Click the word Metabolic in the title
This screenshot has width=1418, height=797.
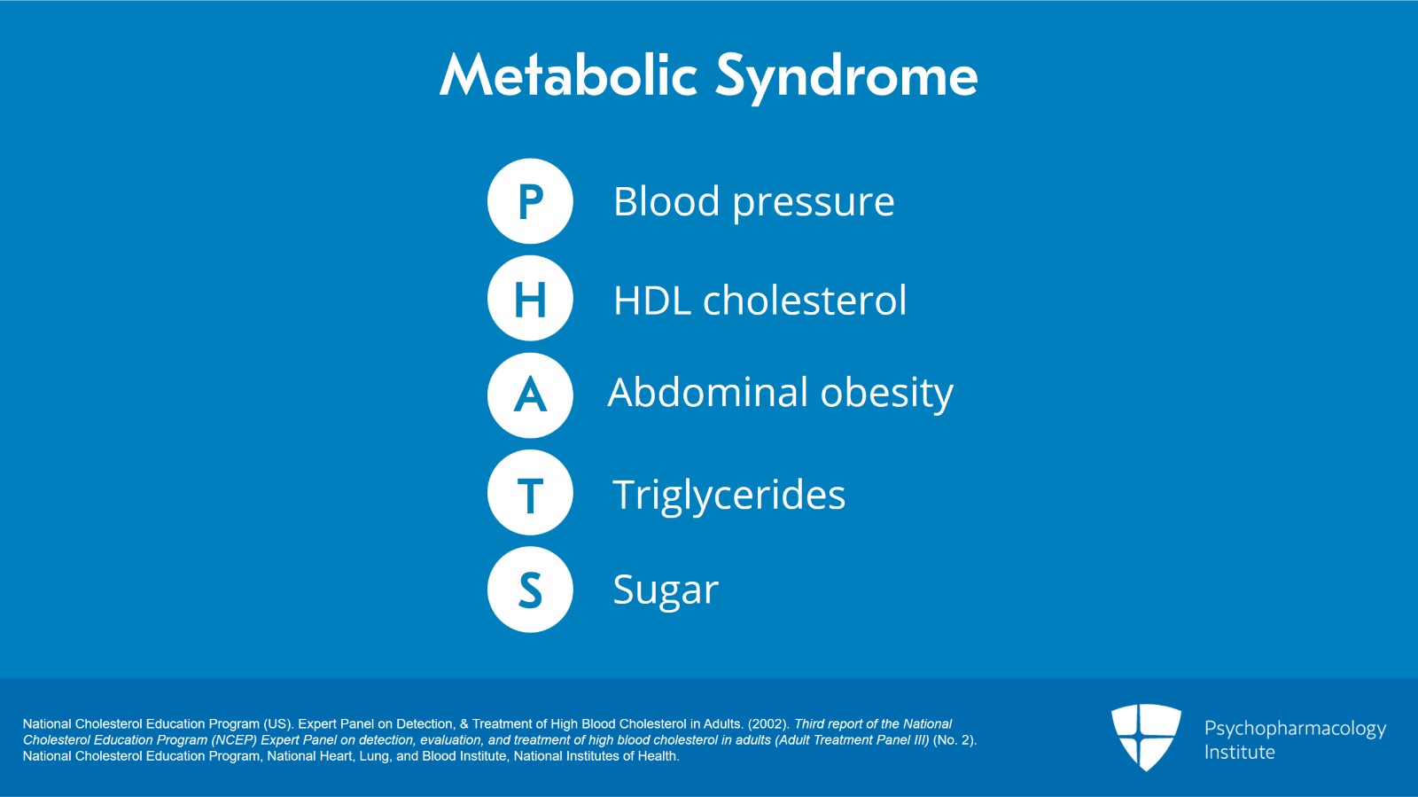568,75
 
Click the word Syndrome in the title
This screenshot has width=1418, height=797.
846,77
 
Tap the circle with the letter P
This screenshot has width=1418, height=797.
530,201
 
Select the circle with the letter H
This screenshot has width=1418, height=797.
530,299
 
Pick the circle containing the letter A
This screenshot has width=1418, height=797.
530,395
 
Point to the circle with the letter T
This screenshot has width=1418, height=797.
530,493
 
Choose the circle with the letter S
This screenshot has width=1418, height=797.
530,590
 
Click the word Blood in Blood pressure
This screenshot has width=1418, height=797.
666,201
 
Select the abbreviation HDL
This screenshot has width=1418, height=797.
651,301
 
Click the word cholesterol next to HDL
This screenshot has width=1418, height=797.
805,301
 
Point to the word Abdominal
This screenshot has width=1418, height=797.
708,392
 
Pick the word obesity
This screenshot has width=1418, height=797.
886,394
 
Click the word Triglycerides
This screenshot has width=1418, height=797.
728,495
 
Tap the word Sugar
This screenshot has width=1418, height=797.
666,590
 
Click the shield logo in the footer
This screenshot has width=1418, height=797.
1146,736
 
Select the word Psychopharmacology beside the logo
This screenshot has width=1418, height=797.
1295,729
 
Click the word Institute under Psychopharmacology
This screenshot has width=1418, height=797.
1239,752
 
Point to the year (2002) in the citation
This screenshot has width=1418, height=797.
768,724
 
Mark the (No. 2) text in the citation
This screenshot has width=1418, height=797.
954,740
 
